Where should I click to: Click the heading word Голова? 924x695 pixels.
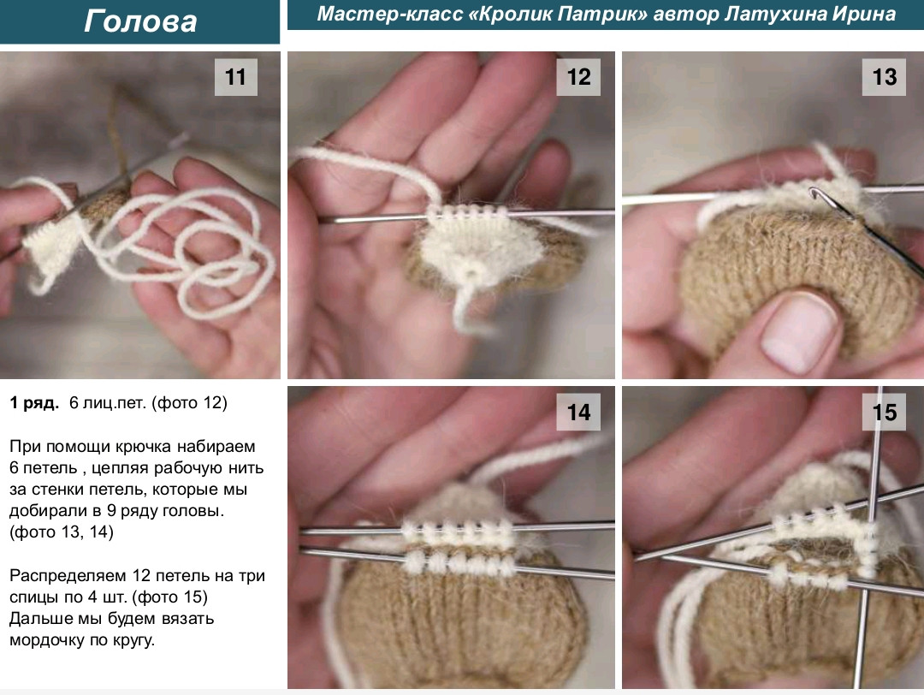[x=140, y=21]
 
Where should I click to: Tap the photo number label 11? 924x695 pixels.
[x=235, y=77]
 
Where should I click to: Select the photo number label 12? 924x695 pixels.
[x=578, y=77]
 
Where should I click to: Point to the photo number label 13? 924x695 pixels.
[x=884, y=77]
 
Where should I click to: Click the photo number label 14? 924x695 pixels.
[x=578, y=412]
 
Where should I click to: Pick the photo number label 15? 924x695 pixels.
[x=884, y=412]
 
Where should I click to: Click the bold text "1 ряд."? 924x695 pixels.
[x=34, y=403]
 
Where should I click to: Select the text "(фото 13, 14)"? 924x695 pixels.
[x=62, y=532]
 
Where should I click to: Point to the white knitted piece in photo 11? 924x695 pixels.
[x=53, y=251]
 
